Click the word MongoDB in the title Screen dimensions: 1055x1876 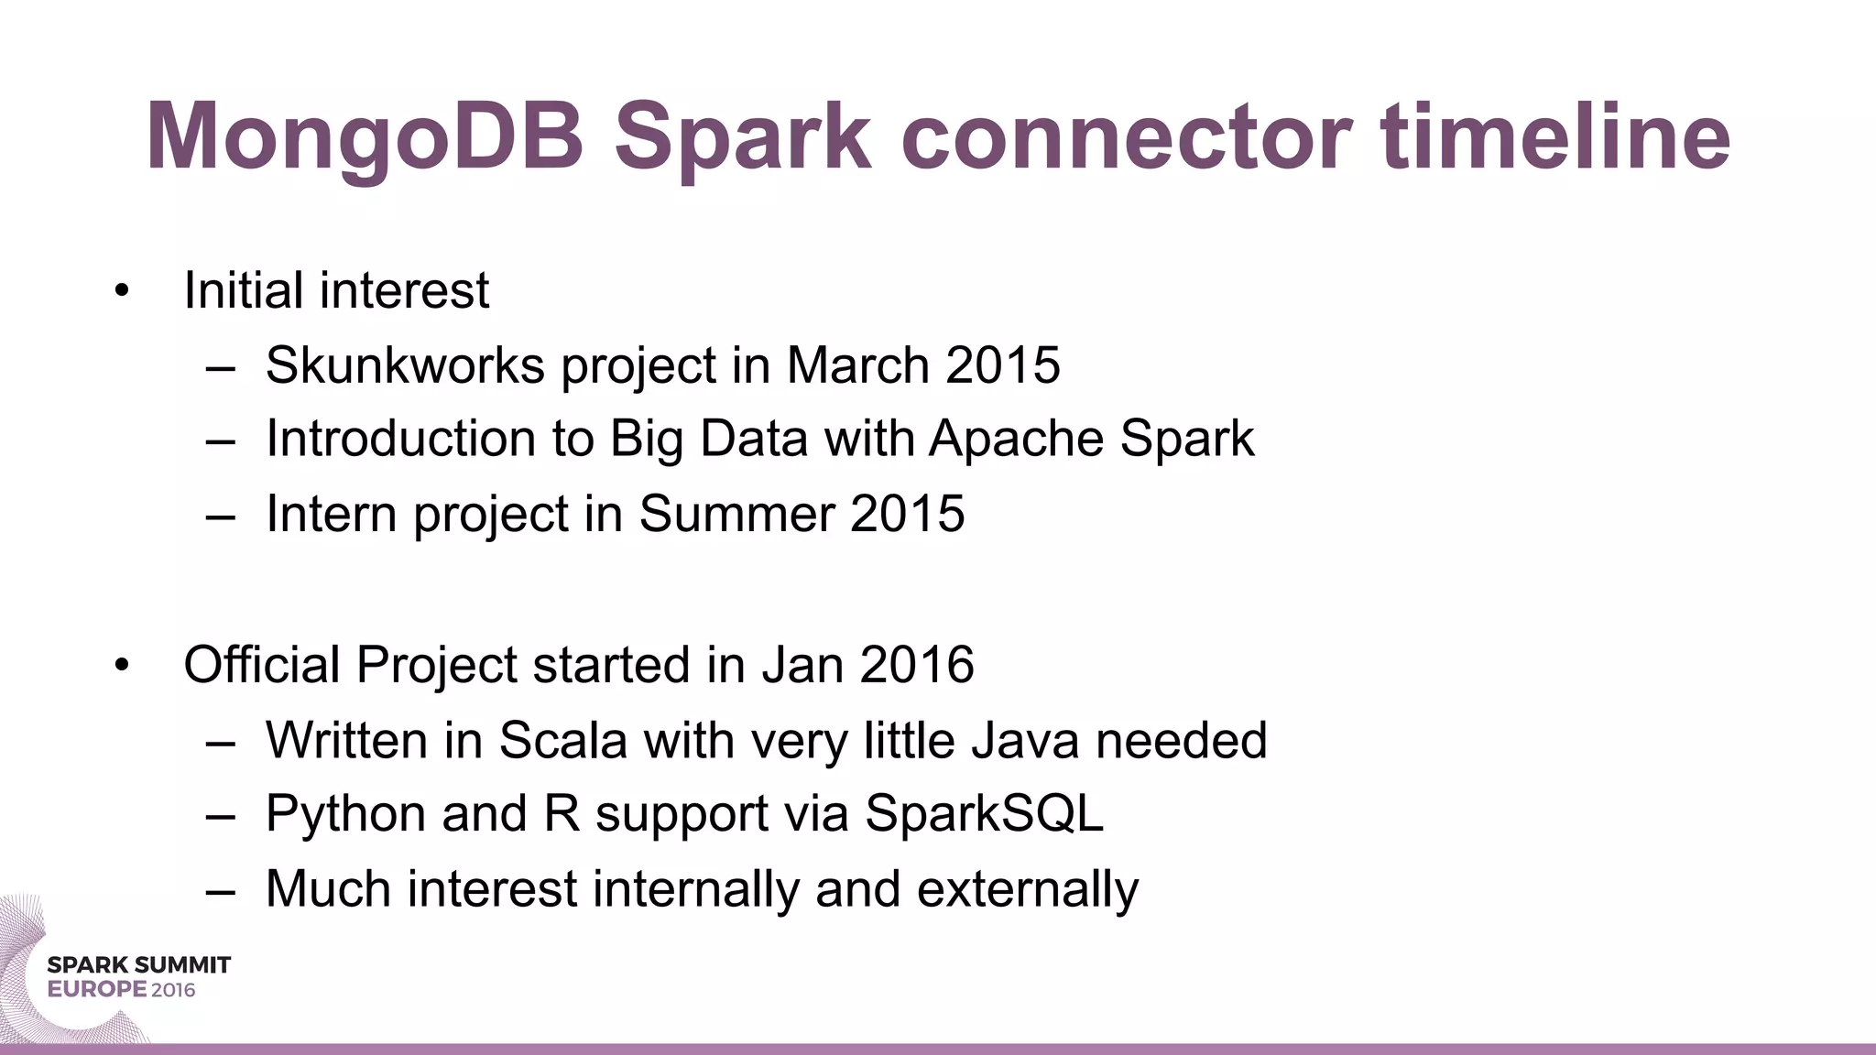(x=365, y=137)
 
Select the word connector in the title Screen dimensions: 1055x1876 (x=1126, y=137)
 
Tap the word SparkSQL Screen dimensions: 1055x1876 (x=984, y=813)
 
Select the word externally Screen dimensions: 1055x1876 (x=1027, y=888)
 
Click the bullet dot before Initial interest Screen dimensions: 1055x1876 (x=122, y=292)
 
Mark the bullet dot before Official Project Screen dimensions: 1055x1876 (x=122, y=666)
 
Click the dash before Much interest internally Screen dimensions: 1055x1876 (x=221, y=890)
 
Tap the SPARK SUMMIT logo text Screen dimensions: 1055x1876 (x=138, y=964)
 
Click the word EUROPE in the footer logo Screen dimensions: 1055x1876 (x=96, y=990)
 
